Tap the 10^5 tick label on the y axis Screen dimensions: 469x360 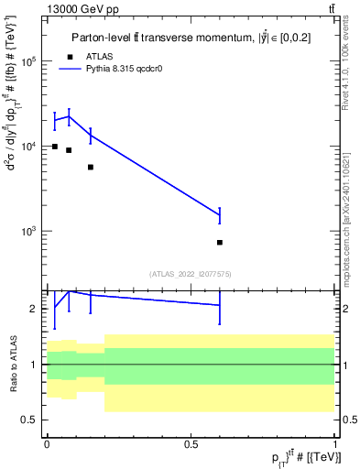pyautogui.click(x=29, y=62)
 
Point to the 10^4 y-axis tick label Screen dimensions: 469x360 pyautogui.click(x=29, y=147)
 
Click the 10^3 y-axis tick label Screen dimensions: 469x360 pyautogui.click(x=29, y=231)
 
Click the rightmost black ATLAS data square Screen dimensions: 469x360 pyautogui.click(x=220, y=243)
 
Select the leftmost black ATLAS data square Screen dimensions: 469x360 pyautogui.click(x=55, y=147)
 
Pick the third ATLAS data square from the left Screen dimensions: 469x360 pyautogui.click(x=91, y=167)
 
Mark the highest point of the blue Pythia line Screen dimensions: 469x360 pyautogui.click(x=70, y=115)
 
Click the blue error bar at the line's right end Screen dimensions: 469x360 pyautogui.click(x=220, y=215)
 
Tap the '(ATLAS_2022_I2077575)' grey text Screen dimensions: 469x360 pyautogui.click(x=191, y=273)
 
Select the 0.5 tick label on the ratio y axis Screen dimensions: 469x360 pyautogui.click(x=30, y=420)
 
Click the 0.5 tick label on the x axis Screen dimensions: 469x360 pyautogui.click(x=191, y=443)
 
